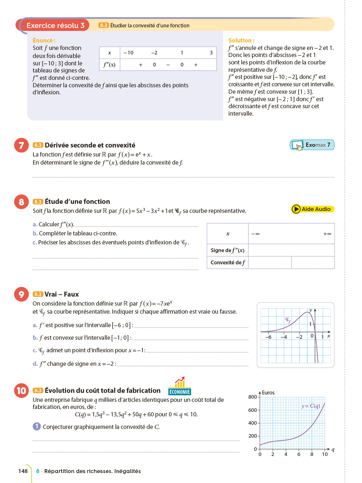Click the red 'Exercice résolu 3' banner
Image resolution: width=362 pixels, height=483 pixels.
click(x=55, y=25)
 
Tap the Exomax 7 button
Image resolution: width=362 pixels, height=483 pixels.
click(x=312, y=145)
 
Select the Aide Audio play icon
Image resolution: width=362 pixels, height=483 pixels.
click(x=296, y=209)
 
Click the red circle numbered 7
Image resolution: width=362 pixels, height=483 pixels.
click(x=21, y=145)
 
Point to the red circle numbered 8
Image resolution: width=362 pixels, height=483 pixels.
click(x=21, y=202)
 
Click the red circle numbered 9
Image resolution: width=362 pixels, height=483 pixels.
click(x=21, y=294)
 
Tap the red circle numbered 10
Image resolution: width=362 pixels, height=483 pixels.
click(x=21, y=391)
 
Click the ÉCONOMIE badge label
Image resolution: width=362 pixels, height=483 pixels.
click(x=180, y=392)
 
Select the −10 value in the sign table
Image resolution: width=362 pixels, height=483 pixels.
click(x=128, y=53)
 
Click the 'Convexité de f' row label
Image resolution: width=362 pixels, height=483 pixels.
click(x=227, y=262)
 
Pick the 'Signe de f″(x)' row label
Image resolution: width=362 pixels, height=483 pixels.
click(x=227, y=250)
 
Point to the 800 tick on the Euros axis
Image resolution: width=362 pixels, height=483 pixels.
click(x=252, y=397)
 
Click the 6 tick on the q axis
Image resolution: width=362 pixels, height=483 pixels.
click(x=299, y=454)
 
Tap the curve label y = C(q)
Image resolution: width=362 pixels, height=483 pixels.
click(x=311, y=406)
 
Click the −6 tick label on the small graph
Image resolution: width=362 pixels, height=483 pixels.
click(x=268, y=337)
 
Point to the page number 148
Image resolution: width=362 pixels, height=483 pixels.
click(x=23, y=471)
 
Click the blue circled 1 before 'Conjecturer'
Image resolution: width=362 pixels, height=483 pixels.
click(x=37, y=426)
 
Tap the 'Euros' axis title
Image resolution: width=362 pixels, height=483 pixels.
click(x=268, y=393)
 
